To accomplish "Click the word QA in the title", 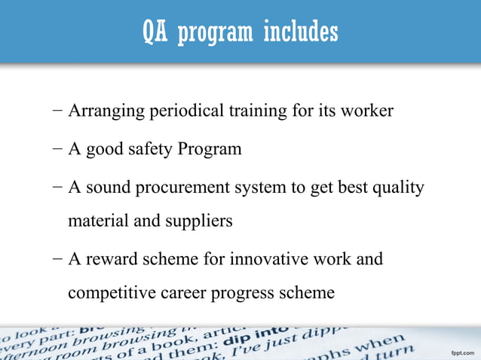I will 156,32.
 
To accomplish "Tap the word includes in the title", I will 301,32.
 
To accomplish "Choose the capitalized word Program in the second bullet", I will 210,149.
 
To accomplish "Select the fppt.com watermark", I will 461,352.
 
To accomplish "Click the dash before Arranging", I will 58,111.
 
